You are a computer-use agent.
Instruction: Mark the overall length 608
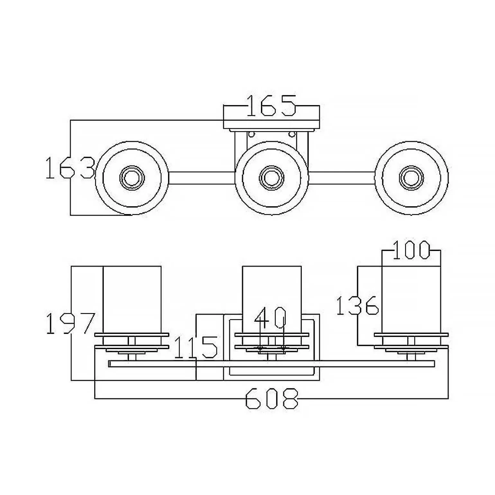(x=272, y=399)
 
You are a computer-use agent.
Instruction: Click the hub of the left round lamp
(x=132, y=177)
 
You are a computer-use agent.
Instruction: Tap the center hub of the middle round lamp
(x=272, y=177)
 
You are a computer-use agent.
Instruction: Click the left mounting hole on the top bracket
(x=252, y=133)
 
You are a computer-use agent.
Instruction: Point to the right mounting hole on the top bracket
(x=292, y=133)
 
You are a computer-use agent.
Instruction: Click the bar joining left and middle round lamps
(x=202, y=178)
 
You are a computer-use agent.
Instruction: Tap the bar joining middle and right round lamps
(x=341, y=178)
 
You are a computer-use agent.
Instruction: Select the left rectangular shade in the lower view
(x=132, y=299)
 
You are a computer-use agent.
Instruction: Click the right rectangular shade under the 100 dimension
(x=411, y=299)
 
